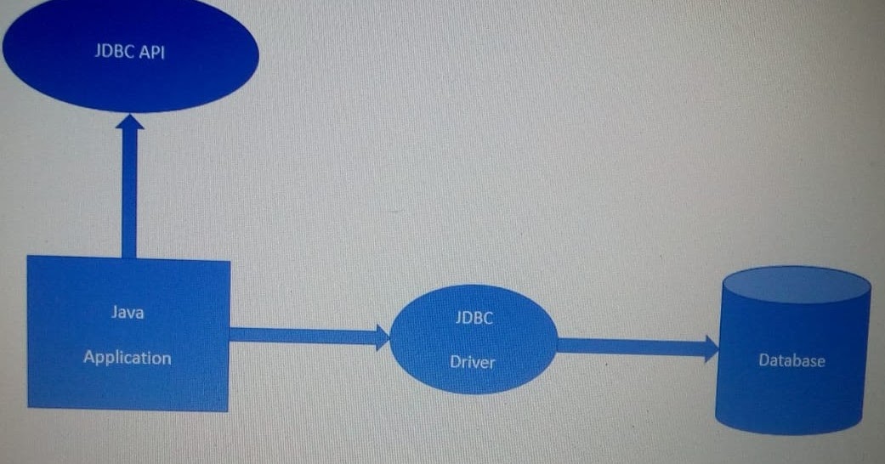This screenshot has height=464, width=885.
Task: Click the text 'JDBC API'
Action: [x=129, y=51]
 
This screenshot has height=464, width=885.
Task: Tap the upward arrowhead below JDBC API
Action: [x=129, y=123]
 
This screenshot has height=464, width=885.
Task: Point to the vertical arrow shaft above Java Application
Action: [x=129, y=195]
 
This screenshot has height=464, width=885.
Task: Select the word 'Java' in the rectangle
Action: [x=128, y=312]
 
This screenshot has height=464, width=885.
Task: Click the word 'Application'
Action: [x=128, y=358]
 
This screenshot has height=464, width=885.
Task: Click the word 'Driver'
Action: [x=473, y=362]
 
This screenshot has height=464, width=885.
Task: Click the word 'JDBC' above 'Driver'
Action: [x=474, y=318]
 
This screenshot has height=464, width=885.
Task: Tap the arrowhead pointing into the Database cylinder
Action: [x=710, y=348]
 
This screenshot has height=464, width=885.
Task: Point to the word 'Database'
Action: [x=791, y=361]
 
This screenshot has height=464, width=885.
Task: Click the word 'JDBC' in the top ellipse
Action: [x=112, y=51]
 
